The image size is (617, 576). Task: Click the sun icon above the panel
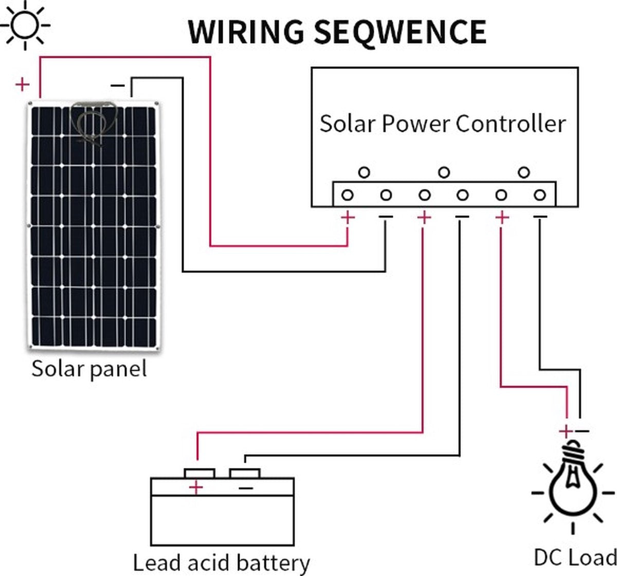click(24, 24)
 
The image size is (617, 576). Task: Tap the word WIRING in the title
click(246, 31)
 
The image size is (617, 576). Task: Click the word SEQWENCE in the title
click(400, 31)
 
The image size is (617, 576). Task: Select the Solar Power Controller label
click(443, 124)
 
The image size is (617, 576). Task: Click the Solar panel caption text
click(89, 369)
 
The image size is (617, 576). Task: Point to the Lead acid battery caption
click(222, 562)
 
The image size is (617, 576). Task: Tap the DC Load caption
click(575, 557)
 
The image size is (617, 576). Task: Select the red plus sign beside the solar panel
click(22, 84)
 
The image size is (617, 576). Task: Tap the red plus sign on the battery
click(196, 487)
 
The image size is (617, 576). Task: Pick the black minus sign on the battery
click(246, 487)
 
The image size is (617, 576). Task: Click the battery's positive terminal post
click(199, 473)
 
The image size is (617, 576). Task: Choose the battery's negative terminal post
click(245, 473)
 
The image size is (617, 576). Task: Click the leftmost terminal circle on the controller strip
click(348, 195)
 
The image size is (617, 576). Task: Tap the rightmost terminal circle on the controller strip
click(539, 195)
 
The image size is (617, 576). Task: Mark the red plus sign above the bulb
click(565, 431)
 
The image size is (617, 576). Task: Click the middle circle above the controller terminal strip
click(444, 172)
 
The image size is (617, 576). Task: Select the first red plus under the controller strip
click(348, 218)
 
